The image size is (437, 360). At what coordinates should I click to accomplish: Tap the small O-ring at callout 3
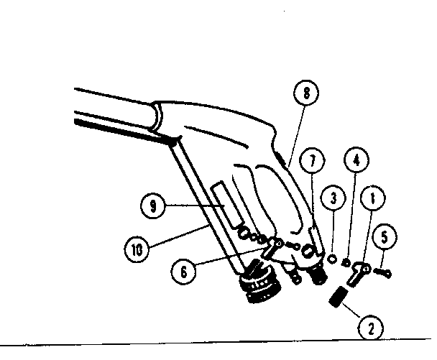point(332,257)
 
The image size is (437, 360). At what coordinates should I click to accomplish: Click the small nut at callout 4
point(346,262)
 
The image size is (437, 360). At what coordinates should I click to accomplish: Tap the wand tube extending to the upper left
point(115,108)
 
